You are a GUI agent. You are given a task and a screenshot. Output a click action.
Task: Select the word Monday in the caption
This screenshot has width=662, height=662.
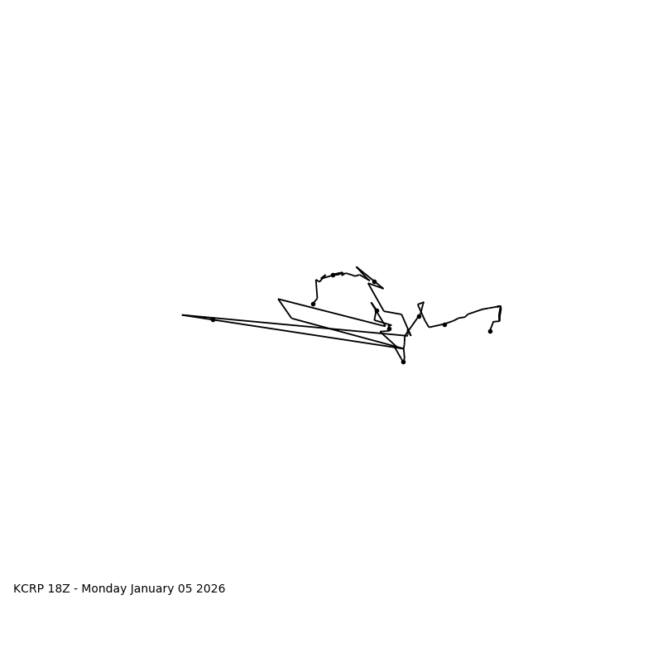105,589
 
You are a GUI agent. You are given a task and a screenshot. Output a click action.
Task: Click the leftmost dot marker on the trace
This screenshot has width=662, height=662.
213,319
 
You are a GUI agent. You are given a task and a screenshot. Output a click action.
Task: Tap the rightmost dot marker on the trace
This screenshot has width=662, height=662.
490,331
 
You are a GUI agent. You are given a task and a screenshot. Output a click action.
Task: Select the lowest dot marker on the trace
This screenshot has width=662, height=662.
403,362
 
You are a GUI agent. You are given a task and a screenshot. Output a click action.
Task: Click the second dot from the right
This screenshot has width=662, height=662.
444,324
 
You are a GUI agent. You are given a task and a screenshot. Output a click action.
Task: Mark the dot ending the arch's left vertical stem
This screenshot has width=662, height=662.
313,304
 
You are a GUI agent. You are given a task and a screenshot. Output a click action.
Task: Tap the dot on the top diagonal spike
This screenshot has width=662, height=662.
374,281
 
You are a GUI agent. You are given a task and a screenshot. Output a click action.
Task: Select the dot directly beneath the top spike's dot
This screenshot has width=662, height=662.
377,311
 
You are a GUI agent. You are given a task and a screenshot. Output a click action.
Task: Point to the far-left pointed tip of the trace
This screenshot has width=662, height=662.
183,315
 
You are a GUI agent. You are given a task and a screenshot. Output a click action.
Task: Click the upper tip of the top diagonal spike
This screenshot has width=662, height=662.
357,267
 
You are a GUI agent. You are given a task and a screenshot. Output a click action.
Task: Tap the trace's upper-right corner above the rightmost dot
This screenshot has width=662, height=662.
500,306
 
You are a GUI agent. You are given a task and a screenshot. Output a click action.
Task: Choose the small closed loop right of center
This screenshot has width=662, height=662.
421,307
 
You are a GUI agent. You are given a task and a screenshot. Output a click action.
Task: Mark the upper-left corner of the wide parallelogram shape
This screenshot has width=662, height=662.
279,300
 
